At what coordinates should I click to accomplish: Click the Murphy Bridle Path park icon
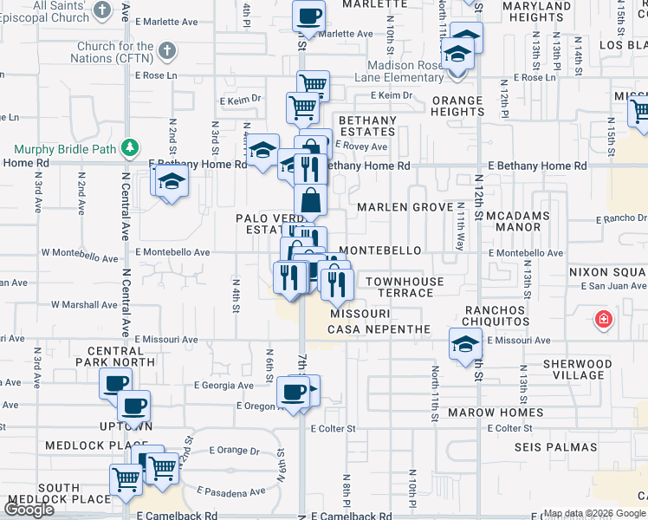point(131,148)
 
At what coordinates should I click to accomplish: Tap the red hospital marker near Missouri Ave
point(603,321)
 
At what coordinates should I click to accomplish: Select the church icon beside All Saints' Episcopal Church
point(102,10)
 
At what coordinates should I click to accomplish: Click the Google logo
point(29,510)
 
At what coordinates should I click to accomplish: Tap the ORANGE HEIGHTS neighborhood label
point(457,106)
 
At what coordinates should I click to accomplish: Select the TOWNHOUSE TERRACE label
point(405,288)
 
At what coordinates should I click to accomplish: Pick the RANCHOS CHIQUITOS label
point(496,315)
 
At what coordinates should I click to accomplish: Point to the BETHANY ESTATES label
point(367,126)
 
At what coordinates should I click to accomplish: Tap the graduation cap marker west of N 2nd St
point(172,183)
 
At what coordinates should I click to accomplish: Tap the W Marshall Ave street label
point(84,305)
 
